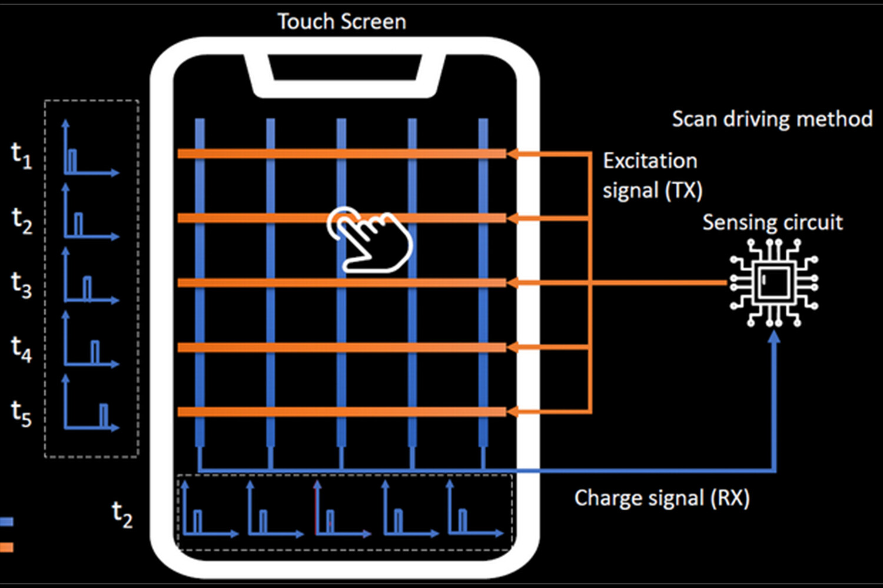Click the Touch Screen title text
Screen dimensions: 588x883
coord(341,22)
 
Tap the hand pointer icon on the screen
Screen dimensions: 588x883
coord(370,239)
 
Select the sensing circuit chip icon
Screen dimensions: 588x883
coord(774,283)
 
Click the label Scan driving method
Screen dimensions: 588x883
coord(772,119)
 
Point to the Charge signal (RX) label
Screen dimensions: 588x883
coord(662,498)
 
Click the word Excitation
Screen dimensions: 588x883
coord(650,161)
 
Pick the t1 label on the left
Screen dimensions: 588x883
coord(22,156)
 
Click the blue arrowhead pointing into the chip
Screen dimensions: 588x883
coord(774,337)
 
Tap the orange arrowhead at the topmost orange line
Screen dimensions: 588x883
coord(512,154)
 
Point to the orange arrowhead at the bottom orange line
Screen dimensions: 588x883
coord(512,412)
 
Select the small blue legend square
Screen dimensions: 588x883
coord(6,522)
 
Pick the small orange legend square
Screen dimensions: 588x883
coord(6,547)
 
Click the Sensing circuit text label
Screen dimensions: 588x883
coord(772,222)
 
